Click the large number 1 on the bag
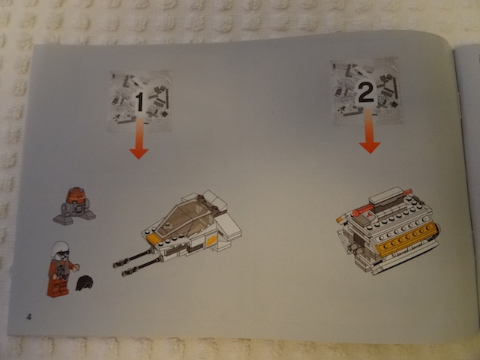point(139,102)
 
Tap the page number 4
point(28,316)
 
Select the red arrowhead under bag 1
point(139,153)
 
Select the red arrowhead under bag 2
point(370,147)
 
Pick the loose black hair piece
point(84,283)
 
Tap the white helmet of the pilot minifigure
point(61,248)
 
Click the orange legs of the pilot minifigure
point(58,287)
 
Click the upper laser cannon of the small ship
point(133,258)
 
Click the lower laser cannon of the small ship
point(142,267)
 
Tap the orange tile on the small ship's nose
point(153,239)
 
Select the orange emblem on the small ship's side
point(211,241)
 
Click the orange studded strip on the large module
point(406,238)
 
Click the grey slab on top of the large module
point(386,195)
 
